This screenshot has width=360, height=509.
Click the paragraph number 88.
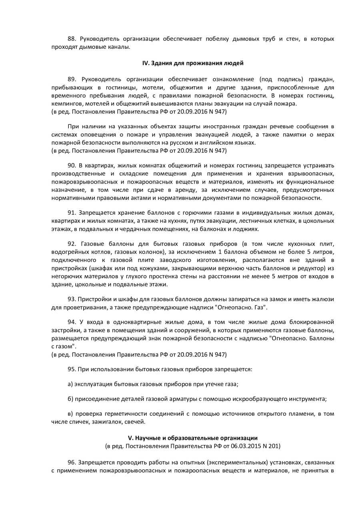click(x=72, y=39)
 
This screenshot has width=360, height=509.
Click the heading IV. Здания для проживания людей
click(x=193, y=63)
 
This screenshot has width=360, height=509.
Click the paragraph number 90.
click(x=72, y=165)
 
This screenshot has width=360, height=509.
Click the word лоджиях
click(x=249, y=229)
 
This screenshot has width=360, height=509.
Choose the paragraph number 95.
click(x=72, y=369)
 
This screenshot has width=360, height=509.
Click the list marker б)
click(x=70, y=399)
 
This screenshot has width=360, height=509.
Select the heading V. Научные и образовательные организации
click(x=193, y=438)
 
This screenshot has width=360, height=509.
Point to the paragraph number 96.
click(x=72, y=462)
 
